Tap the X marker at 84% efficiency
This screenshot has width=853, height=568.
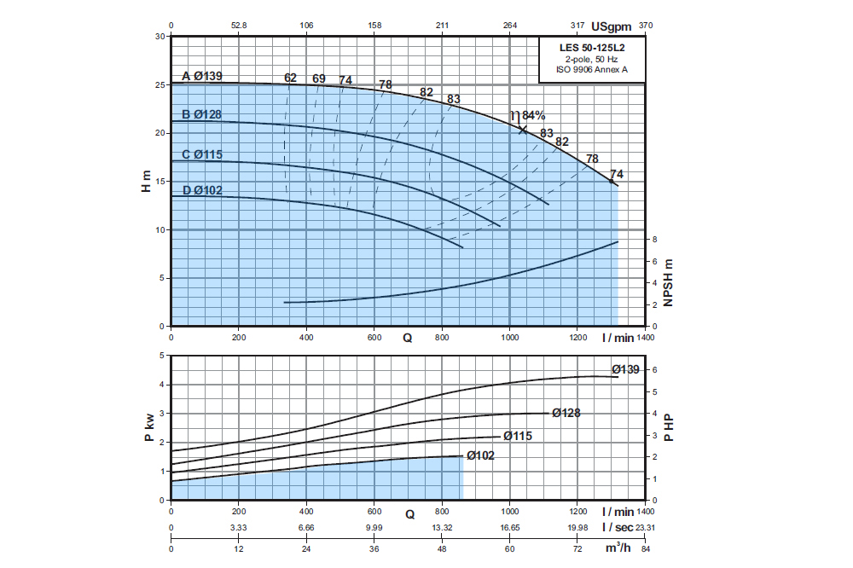[x=523, y=130]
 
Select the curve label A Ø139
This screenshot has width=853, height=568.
[x=202, y=77]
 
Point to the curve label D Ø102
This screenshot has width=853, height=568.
[x=202, y=190]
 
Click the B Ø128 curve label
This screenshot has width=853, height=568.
[x=202, y=115]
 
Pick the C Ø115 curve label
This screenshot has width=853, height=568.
[x=202, y=154]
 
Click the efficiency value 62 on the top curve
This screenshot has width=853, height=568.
[x=290, y=78]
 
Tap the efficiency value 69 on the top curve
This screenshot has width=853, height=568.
[x=319, y=78]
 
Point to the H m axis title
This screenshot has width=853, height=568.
[x=146, y=181]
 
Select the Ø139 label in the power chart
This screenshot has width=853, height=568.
[x=626, y=369]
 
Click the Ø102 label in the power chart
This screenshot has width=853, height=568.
[x=480, y=455]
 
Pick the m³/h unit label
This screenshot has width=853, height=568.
[x=618, y=548]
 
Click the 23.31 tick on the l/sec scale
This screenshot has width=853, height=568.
[x=645, y=528]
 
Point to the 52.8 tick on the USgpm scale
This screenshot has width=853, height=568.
[x=239, y=26]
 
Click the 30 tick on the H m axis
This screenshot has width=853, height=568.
[x=160, y=37]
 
